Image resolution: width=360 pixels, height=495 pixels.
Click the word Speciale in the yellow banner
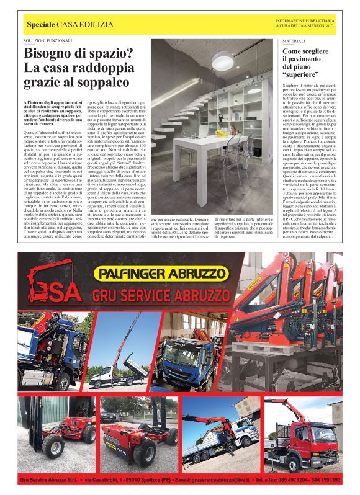coord(40,24)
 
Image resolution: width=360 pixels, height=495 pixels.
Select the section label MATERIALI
coord(291,40)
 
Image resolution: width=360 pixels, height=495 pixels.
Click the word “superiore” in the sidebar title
coord(302,74)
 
